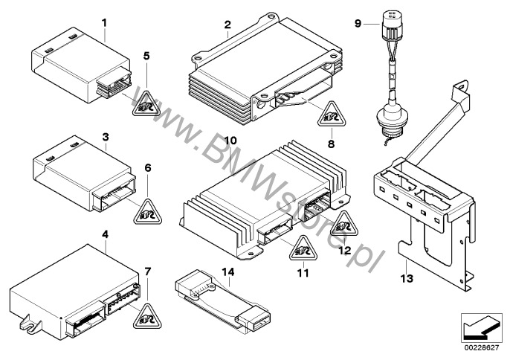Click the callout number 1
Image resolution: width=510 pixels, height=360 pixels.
tap(105, 22)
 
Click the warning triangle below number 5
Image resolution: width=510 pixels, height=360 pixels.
tap(145, 103)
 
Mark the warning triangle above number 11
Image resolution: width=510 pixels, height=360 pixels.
tap(300, 249)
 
